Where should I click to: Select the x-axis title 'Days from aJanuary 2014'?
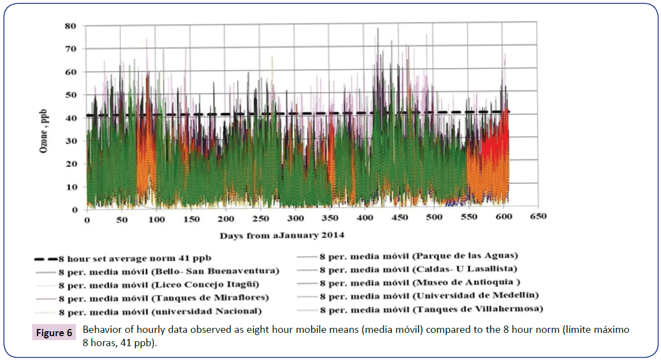[281, 235]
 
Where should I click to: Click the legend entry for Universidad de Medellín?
[429, 295]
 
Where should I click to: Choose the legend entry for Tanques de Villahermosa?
[431, 308]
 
